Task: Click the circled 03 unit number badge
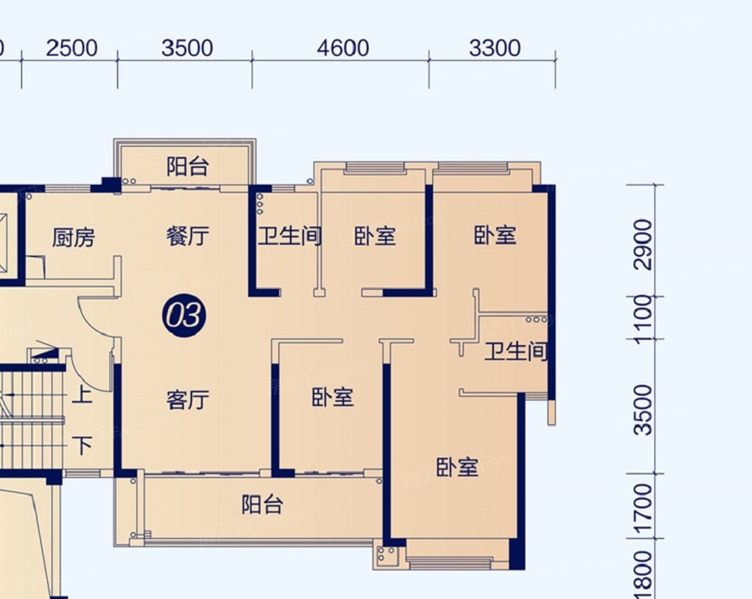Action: pyautogui.click(x=184, y=316)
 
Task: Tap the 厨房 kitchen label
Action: pyautogui.click(x=74, y=237)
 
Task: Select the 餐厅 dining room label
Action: pyautogui.click(x=187, y=236)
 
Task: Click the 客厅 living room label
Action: pyautogui.click(x=187, y=399)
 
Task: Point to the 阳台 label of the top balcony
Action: pyautogui.click(x=187, y=166)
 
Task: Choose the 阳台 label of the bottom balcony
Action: pyautogui.click(x=262, y=505)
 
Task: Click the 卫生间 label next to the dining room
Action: pyautogui.click(x=290, y=236)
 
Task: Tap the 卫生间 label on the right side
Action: pyautogui.click(x=516, y=351)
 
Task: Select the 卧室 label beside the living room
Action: pyautogui.click(x=333, y=398)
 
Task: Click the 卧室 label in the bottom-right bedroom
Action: pyautogui.click(x=457, y=467)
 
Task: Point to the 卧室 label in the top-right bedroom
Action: pyautogui.click(x=495, y=235)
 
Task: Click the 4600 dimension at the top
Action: pyautogui.click(x=343, y=48)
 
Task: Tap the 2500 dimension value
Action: pyautogui.click(x=72, y=48)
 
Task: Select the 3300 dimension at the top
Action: pyautogui.click(x=495, y=48)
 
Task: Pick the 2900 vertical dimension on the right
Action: pyautogui.click(x=643, y=245)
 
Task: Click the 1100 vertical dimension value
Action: pyautogui.click(x=643, y=319)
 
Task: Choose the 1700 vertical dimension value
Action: pyautogui.click(x=643, y=510)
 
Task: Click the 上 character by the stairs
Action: pyautogui.click(x=82, y=396)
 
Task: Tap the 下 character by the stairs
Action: pyautogui.click(x=82, y=445)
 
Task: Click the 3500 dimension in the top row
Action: pyautogui.click(x=187, y=48)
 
